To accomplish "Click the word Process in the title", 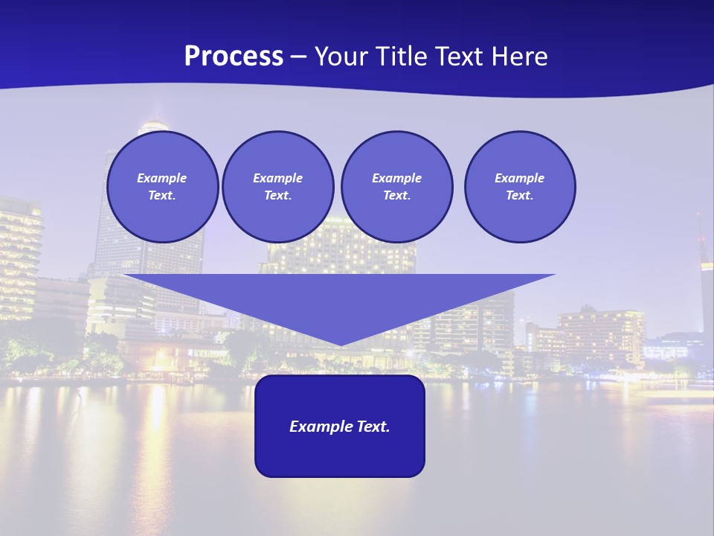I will (x=234, y=57).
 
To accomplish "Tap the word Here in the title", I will (x=518, y=57).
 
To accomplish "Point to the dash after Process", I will (x=299, y=57).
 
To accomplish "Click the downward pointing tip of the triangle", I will (x=340, y=343).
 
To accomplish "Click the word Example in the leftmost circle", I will (x=162, y=178).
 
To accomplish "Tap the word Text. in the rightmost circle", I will (x=520, y=195).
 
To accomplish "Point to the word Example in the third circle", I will (x=396, y=178).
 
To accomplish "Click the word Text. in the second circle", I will (x=278, y=195).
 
